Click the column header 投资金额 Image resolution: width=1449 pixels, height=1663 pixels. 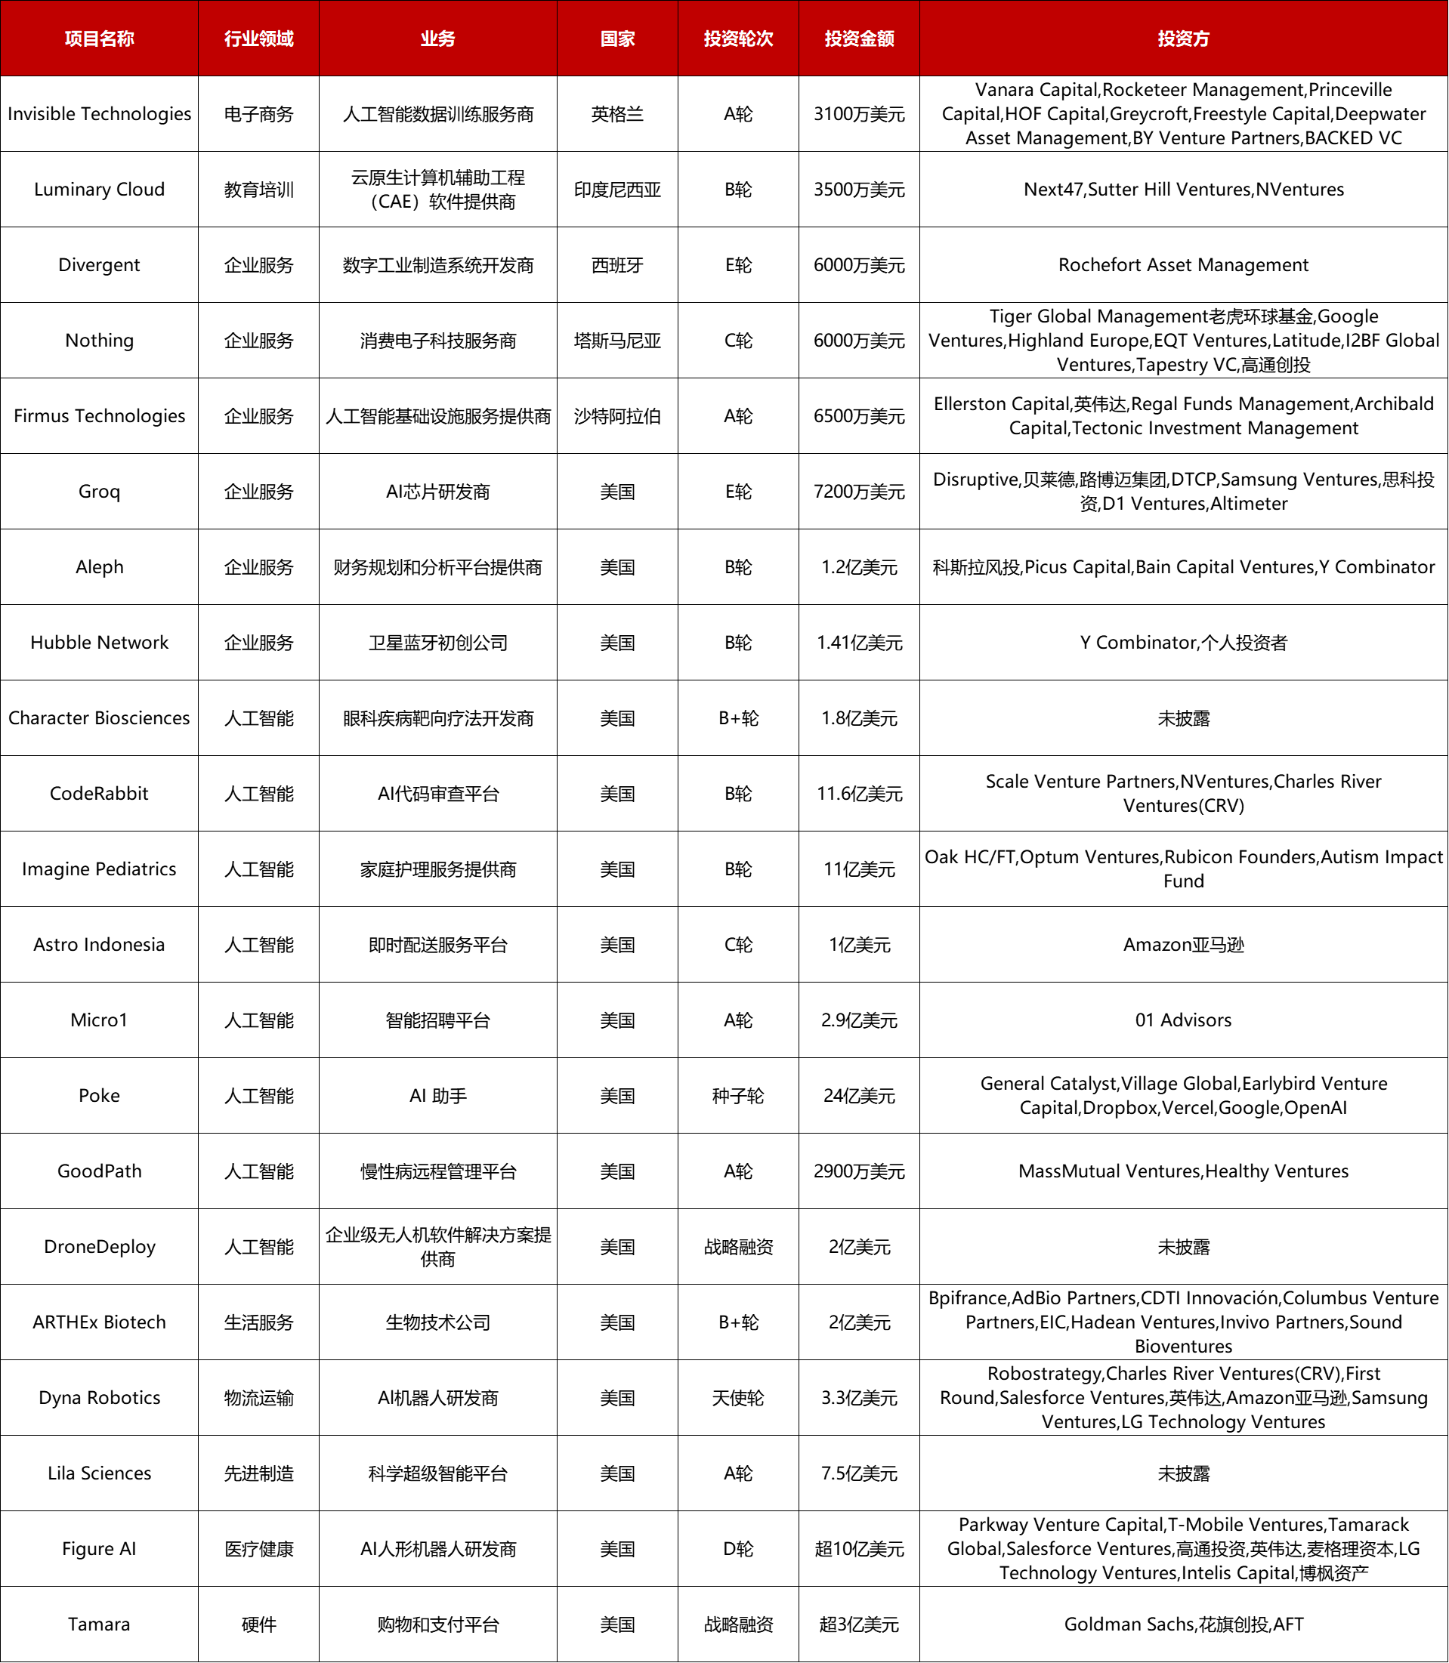click(x=859, y=39)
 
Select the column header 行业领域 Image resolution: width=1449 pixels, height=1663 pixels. click(x=258, y=39)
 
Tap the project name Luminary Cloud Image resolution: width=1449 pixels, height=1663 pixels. click(x=100, y=189)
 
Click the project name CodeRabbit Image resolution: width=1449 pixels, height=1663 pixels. click(x=100, y=793)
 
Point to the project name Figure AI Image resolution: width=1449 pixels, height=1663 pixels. click(x=100, y=1548)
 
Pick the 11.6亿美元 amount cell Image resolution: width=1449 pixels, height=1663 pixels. click(x=859, y=793)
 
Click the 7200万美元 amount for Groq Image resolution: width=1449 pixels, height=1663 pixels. click(x=859, y=492)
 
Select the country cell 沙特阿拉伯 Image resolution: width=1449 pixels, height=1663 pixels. click(x=617, y=416)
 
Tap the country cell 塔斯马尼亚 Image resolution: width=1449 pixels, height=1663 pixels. click(x=617, y=341)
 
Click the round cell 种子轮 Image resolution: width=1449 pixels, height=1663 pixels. click(x=737, y=1096)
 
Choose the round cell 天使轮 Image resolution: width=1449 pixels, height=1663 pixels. click(x=737, y=1398)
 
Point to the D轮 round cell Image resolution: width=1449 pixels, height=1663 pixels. click(x=737, y=1548)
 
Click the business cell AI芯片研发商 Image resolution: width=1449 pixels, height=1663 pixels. click(x=437, y=492)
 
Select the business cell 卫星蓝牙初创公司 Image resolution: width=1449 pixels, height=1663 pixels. click(x=437, y=643)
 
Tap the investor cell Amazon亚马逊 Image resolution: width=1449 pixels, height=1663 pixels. click(x=1183, y=944)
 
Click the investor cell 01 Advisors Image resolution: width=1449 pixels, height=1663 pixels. click(x=1183, y=1020)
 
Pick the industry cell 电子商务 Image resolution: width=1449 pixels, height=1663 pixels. click(x=258, y=114)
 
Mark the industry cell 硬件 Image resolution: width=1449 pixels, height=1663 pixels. click(x=258, y=1624)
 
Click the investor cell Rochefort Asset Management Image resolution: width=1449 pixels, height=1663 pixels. click(x=1183, y=265)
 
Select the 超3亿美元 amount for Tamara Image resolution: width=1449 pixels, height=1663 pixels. click(x=859, y=1624)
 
